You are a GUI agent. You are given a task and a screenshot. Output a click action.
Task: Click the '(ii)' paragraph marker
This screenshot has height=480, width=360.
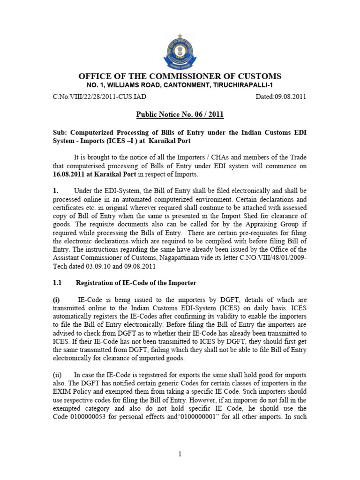(56, 375)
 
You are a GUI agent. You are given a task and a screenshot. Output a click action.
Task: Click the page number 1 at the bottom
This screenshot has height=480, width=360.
(180, 454)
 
